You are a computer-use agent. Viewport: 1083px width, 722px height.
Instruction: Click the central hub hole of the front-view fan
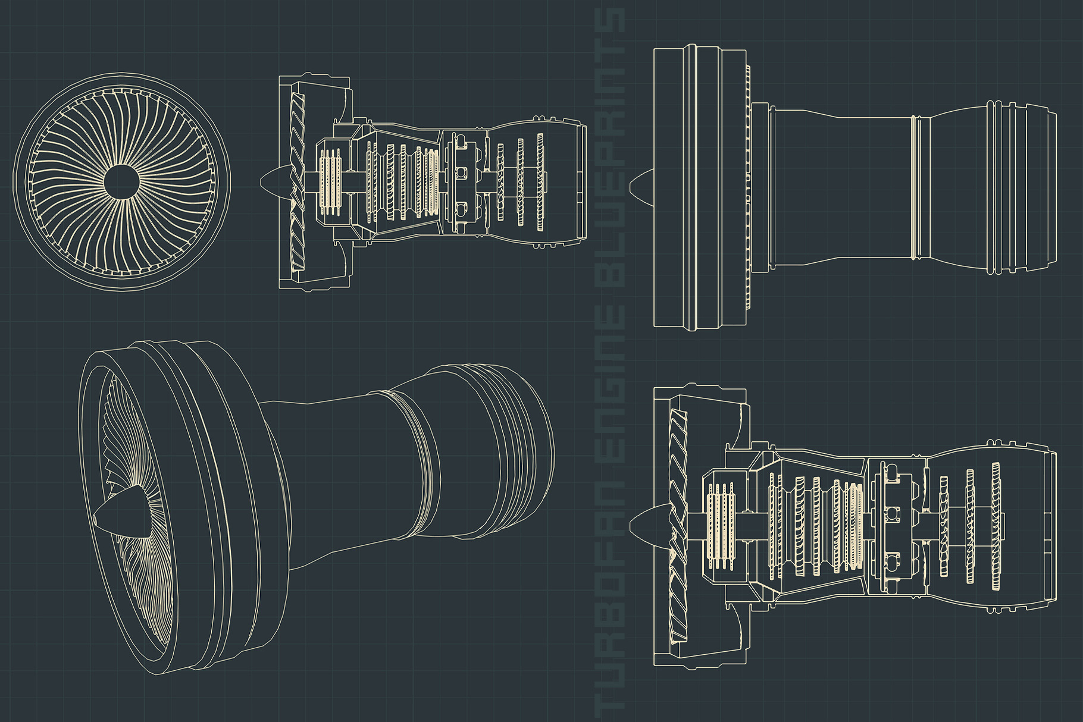pos(121,181)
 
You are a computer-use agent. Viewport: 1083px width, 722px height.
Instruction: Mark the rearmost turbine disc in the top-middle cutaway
pos(540,181)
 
